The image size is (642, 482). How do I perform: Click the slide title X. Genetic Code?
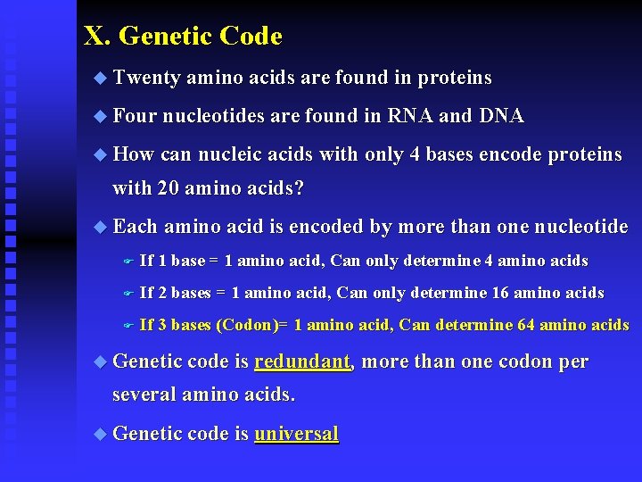click(x=183, y=37)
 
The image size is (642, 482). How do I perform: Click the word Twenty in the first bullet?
click(x=147, y=79)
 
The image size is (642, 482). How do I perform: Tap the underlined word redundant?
click(x=302, y=362)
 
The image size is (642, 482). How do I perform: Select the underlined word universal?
click(x=296, y=435)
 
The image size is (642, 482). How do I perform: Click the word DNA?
click(x=501, y=116)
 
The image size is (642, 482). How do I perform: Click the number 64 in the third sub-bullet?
click(x=526, y=325)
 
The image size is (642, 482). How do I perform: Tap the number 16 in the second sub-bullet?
click(x=505, y=293)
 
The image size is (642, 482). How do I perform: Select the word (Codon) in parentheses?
click(x=247, y=325)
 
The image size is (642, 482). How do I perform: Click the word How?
click(x=134, y=154)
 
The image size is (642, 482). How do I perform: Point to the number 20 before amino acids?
click(x=168, y=189)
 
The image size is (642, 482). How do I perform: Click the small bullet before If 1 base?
click(x=128, y=262)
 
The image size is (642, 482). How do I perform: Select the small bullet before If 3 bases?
click(x=128, y=326)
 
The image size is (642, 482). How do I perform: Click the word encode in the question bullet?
click(x=511, y=154)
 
